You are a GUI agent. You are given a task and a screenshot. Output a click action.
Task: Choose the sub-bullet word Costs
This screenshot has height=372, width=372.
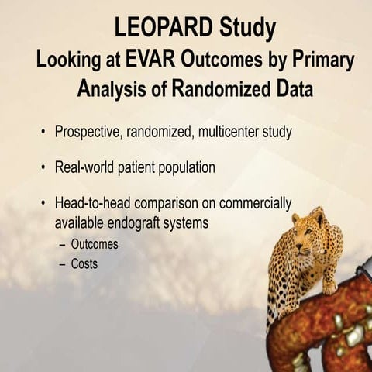click(84, 263)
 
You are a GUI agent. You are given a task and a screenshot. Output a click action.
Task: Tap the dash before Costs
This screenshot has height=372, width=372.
click(62, 263)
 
